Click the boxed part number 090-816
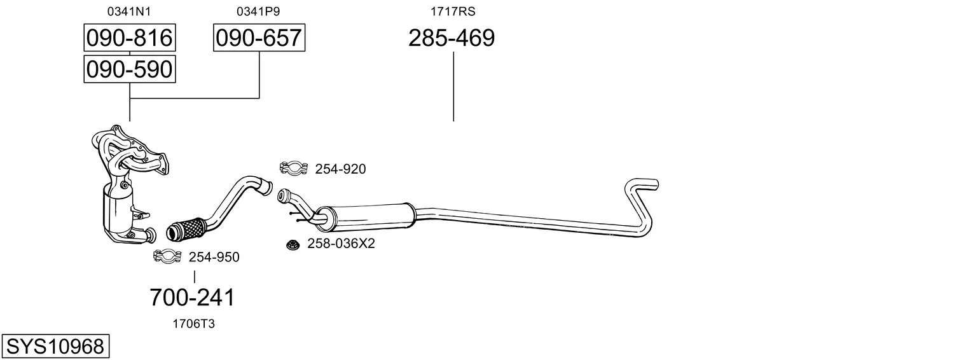coord(130,38)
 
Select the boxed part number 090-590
coord(130,69)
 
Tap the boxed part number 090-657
coord(259,38)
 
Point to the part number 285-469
coord(452,38)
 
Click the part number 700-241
coord(192,298)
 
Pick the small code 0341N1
coord(129,11)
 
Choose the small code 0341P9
coord(258,11)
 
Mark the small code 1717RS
coord(453,11)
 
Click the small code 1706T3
coord(194,324)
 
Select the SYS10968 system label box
coord(55,346)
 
